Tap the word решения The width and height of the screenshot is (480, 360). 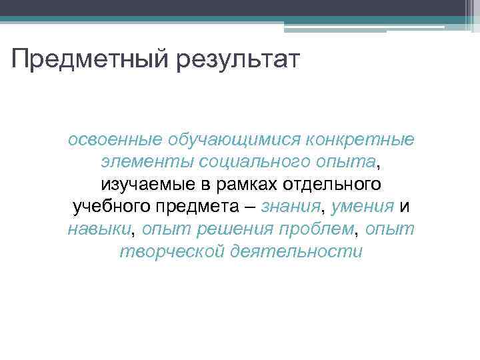click(x=235, y=229)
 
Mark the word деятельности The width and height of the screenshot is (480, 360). click(x=295, y=251)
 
